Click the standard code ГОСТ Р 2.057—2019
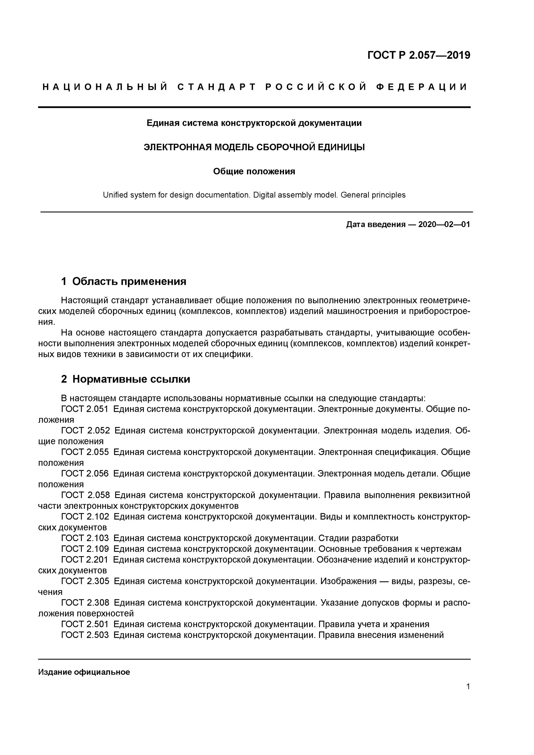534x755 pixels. click(x=418, y=55)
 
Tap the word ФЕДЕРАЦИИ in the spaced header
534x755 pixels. click(x=421, y=87)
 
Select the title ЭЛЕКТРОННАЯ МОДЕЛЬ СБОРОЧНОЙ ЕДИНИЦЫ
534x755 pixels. click(x=254, y=147)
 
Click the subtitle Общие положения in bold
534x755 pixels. click(x=254, y=171)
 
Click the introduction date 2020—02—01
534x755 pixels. click(x=444, y=224)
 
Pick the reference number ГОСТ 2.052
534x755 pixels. click(x=85, y=431)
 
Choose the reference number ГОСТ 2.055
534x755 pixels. click(x=85, y=452)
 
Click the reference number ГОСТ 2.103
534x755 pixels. click(x=85, y=538)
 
